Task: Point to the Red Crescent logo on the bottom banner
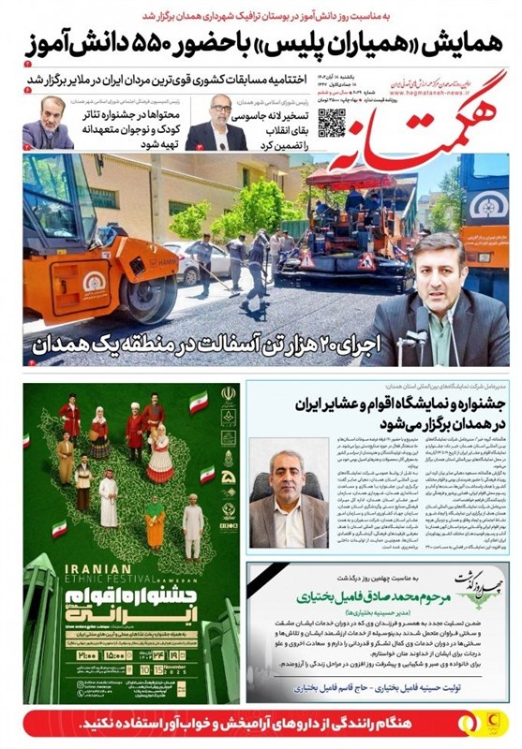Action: [500, 723]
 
